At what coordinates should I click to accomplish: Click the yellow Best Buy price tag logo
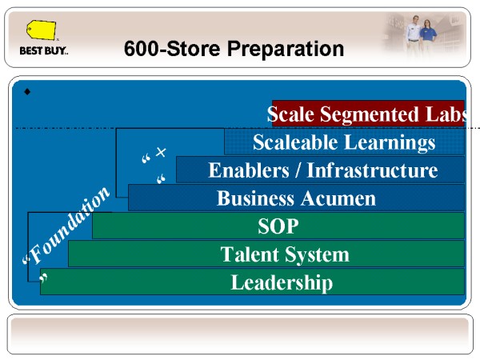point(41,30)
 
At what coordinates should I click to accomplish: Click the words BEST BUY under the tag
point(43,50)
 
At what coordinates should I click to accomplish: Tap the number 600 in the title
point(142,48)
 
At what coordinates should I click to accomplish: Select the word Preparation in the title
point(285,49)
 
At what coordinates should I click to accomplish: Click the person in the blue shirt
point(428,35)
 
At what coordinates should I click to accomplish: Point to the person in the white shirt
point(414,33)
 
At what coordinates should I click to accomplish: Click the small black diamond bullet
point(27,91)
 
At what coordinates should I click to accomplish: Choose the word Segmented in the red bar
point(369,114)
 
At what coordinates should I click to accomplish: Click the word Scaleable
point(295,142)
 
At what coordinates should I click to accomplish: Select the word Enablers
point(249,170)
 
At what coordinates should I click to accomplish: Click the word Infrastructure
point(372,170)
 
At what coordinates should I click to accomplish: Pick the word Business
point(256,198)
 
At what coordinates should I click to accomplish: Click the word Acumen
point(338,198)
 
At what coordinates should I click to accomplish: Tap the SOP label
point(278,226)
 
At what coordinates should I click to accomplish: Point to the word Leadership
point(282,282)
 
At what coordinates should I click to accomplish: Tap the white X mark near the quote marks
point(161,152)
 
